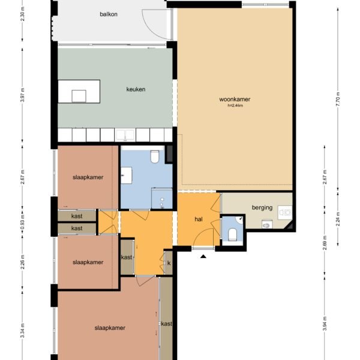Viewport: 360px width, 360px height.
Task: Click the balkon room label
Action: click(x=109, y=14)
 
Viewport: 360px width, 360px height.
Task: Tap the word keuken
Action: click(x=136, y=89)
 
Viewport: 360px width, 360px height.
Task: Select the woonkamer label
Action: click(x=235, y=99)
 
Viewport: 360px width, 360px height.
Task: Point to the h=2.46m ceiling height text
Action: click(x=235, y=106)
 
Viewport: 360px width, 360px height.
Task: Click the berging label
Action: click(x=262, y=208)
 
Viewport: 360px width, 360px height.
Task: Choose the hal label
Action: click(x=199, y=219)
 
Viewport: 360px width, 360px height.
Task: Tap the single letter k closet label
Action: click(x=169, y=263)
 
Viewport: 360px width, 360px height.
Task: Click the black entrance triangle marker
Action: click(x=203, y=256)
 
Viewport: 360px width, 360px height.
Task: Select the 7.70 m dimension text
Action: click(x=338, y=99)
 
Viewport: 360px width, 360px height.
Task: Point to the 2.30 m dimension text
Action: click(x=22, y=14)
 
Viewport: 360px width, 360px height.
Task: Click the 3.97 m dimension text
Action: click(x=22, y=95)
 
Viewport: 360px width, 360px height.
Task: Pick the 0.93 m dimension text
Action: click(x=22, y=222)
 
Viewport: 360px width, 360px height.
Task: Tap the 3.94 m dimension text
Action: click(x=325, y=323)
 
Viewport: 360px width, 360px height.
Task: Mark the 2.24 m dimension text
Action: click(x=338, y=219)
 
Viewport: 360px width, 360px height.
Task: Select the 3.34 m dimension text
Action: click(x=22, y=330)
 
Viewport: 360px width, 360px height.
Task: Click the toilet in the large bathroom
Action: click(x=155, y=156)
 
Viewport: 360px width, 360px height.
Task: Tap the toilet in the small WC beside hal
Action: click(x=232, y=234)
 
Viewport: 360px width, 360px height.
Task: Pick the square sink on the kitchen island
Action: click(x=79, y=96)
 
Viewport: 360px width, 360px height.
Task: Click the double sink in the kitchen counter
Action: click(x=125, y=135)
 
